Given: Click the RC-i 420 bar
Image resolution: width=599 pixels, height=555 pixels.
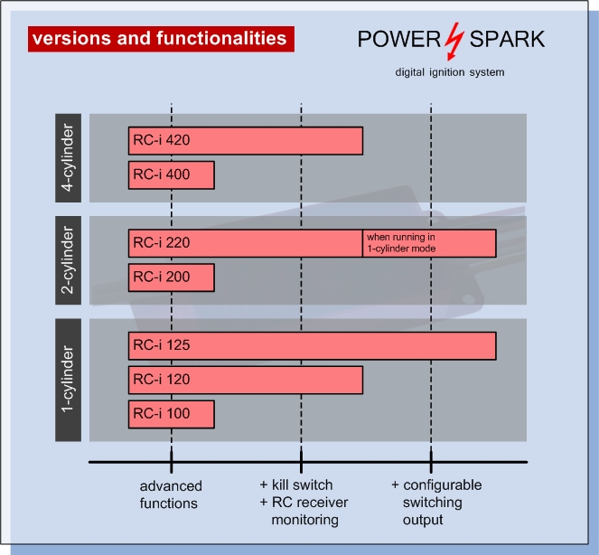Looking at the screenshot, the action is click(x=246, y=141).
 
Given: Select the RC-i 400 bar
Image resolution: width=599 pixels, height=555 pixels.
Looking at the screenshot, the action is click(x=171, y=175).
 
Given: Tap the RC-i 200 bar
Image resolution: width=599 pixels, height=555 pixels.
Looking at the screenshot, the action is click(x=171, y=277).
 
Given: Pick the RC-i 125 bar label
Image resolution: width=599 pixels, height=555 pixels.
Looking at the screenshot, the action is click(x=162, y=345).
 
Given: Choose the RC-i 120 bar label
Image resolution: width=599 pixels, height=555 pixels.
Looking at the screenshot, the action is click(x=162, y=379).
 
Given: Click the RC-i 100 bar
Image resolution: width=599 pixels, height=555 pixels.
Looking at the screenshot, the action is click(x=171, y=414).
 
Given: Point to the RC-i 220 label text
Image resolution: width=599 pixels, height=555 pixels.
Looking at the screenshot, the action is click(x=162, y=243).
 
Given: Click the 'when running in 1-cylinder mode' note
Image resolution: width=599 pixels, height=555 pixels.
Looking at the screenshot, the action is click(x=401, y=243).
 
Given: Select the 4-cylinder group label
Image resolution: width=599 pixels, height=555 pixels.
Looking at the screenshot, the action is click(x=68, y=158).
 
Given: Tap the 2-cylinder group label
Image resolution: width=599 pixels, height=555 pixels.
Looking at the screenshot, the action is click(x=68, y=260).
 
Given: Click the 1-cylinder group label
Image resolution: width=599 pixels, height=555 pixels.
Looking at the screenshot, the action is click(x=68, y=380).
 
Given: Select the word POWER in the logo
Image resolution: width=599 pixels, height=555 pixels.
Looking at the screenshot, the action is click(x=398, y=39).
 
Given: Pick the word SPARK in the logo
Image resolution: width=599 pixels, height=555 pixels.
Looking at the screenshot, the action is click(x=507, y=39).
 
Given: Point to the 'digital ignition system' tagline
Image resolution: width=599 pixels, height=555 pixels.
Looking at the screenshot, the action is click(x=450, y=72).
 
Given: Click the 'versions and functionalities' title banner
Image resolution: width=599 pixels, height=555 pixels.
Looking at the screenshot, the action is click(x=161, y=39).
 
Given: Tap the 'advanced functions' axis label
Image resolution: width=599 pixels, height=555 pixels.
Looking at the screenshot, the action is click(x=171, y=494).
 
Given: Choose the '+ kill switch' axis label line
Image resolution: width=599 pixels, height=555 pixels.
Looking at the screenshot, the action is click(x=296, y=485).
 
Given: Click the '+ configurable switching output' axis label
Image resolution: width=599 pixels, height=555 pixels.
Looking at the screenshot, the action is click(x=436, y=503).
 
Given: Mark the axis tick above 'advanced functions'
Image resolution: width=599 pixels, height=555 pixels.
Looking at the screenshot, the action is click(x=171, y=461).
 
